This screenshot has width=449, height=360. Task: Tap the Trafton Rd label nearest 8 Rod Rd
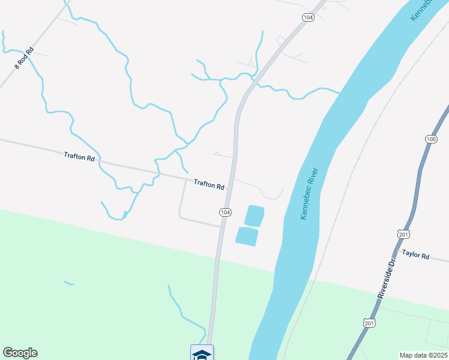[79, 157]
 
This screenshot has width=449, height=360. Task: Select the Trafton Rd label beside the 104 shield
[209, 185]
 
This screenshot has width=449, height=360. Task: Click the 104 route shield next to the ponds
[224, 213]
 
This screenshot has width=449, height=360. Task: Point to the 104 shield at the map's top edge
[308, 18]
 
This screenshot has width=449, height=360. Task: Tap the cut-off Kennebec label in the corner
[422, 10]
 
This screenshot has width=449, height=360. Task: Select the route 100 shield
[431, 139]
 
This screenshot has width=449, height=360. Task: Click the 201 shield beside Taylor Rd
[403, 233]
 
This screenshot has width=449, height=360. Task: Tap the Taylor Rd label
[415, 255]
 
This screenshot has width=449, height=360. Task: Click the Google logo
[20, 353]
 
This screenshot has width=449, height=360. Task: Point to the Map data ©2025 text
[423, 355]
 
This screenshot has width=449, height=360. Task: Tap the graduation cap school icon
[202, 354]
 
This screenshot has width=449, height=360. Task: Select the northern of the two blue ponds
[254, 215]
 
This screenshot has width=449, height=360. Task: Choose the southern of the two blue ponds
[247, 236]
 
